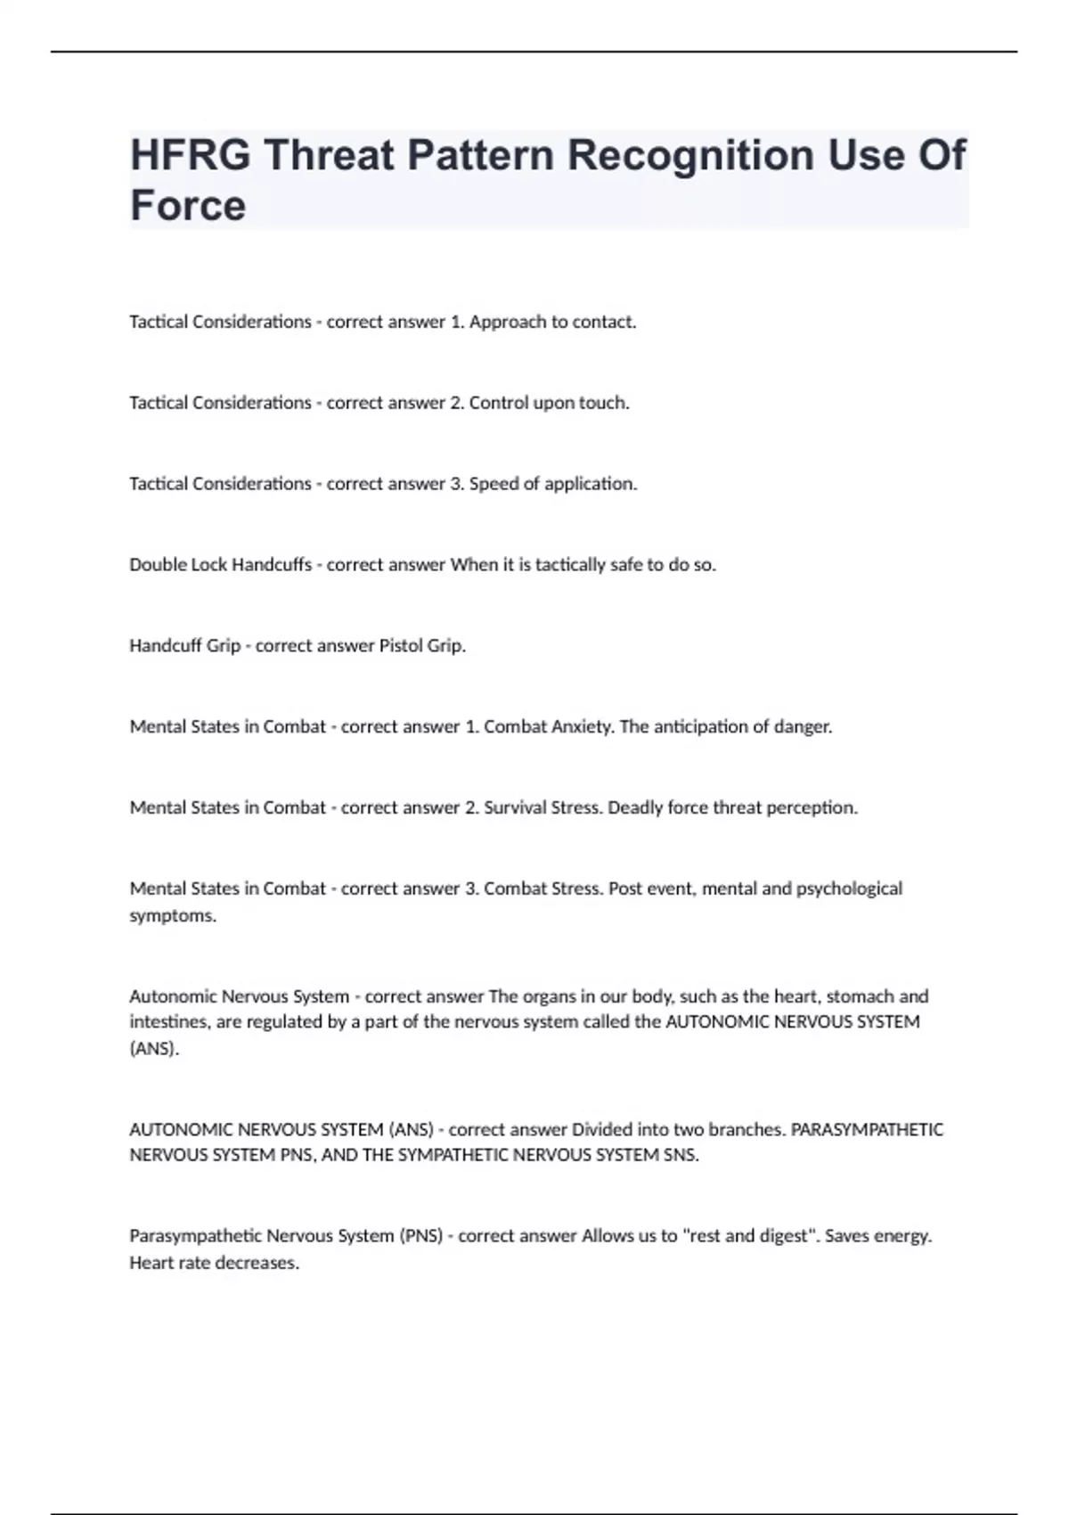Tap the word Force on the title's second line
(188, 206)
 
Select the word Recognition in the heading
(690, 155)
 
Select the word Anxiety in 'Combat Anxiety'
(583, 727)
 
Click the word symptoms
(173, 916)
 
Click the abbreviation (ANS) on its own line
(154, 1049)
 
